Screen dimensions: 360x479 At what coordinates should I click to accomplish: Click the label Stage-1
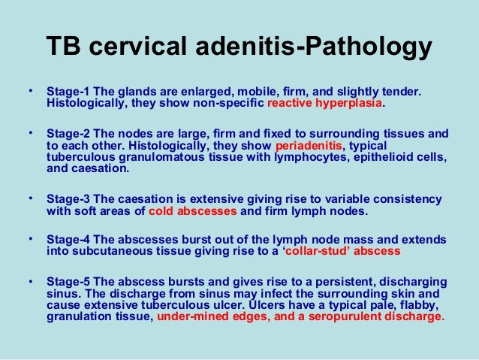69,91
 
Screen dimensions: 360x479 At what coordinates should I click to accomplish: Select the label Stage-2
69,133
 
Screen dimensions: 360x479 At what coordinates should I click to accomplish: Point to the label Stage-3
69,199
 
